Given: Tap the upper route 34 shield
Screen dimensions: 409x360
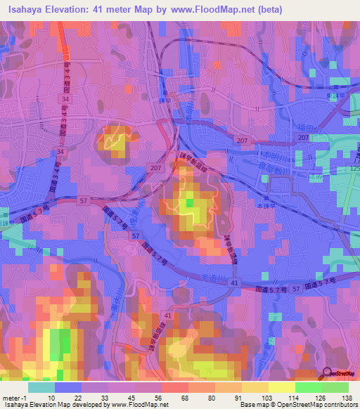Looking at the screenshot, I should pos(65,100).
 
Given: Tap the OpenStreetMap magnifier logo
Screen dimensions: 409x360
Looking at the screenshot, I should pos(327,374).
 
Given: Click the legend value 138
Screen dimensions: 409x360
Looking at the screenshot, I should pos(347,397).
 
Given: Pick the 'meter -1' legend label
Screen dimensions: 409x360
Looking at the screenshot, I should pos(15,397).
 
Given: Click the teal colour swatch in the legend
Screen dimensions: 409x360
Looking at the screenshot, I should pos(41,387).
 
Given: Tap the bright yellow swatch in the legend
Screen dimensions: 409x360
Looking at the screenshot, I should pos(281,387).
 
